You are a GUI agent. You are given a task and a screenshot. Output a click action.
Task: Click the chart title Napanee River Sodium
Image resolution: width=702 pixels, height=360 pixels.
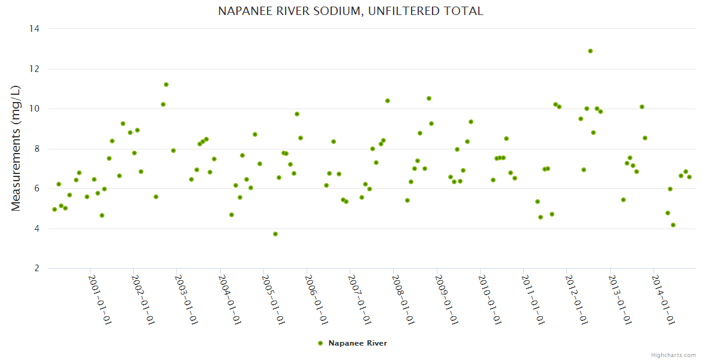(350, 11)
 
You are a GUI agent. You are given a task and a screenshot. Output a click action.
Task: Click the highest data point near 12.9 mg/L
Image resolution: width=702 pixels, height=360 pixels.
(590, 51)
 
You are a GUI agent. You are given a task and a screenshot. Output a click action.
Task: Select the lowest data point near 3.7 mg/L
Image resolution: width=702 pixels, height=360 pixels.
(275, 234)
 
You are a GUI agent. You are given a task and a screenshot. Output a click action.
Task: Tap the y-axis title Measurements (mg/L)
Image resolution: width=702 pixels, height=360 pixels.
(16, 148)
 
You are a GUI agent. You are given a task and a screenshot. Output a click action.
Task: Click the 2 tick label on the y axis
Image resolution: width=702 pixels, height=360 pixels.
(37, 269)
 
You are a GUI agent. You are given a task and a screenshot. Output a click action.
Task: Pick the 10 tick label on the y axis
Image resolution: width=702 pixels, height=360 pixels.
(34, 109)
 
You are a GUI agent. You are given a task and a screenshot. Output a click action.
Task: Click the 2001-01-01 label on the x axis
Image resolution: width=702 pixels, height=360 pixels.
(100, 299)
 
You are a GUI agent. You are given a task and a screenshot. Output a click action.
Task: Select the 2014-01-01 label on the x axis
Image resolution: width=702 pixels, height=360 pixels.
(664, 299)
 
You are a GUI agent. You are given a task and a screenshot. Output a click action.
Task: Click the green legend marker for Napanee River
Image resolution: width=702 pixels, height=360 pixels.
(320, 343)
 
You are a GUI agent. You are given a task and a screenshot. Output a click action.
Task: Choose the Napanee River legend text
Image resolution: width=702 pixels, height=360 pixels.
(358, 343)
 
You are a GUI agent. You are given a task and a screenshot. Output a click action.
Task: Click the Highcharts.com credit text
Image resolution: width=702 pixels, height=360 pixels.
(673, 355)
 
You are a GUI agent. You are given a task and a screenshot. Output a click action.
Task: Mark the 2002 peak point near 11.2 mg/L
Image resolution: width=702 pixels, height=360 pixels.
(166, 85)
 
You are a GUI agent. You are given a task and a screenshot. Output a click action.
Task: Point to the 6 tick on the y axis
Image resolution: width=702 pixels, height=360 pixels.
(37, 189)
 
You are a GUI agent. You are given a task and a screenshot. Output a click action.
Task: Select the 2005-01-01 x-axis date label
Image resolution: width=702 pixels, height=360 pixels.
(274, 299)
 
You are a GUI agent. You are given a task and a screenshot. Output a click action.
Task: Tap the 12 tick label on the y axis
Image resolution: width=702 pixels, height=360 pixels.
(34, 69)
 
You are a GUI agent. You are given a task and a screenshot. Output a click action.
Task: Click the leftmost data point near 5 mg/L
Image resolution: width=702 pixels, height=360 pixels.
(55, 209)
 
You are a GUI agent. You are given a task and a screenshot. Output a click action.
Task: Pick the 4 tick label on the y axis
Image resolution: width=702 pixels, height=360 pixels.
(37, 229)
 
